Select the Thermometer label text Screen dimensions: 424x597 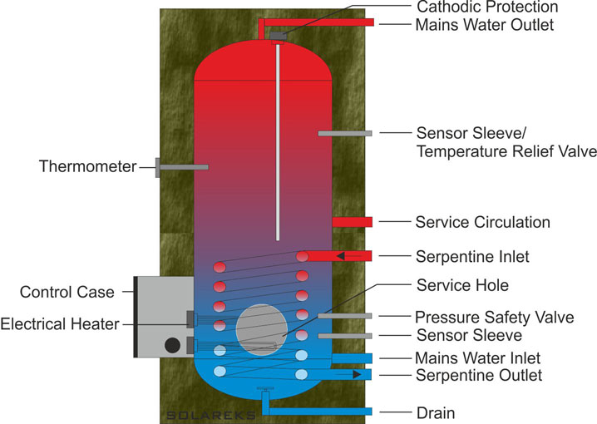click(87, 167)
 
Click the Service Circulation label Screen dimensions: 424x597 click(482, 223)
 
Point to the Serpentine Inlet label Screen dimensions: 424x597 click(472, 256)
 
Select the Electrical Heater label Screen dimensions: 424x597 click(60, 323)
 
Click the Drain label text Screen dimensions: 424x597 click(435, 412)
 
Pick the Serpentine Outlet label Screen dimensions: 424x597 click(478, 376)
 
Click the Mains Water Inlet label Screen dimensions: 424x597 click(478, 357)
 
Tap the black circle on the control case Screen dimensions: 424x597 click(173, 345)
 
